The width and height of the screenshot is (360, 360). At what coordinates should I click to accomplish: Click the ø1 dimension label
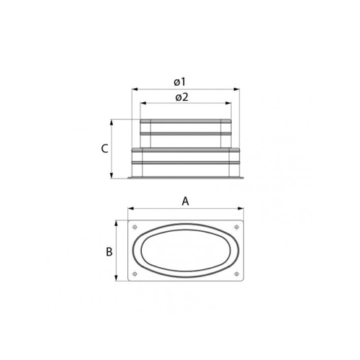(x=185, y=82)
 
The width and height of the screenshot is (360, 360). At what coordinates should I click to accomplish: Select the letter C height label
(x=104, y=149)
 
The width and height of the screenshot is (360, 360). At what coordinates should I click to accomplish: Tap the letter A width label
(x=185, y=202)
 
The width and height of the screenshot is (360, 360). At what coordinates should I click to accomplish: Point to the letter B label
(x=109, y=251)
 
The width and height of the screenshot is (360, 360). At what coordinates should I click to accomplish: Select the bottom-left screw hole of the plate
(x=135, y=275)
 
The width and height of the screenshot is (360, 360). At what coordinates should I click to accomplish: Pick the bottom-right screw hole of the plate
(x=236, y=275)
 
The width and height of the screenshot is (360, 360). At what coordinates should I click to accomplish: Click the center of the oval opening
(x=185, y=251)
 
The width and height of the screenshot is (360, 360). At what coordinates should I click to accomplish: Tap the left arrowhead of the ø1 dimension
(x=133, y=90)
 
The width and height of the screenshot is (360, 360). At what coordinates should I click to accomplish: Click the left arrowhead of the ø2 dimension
(x=141, y=105)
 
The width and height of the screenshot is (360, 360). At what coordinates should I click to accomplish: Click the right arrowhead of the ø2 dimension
(x=230, y=105)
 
